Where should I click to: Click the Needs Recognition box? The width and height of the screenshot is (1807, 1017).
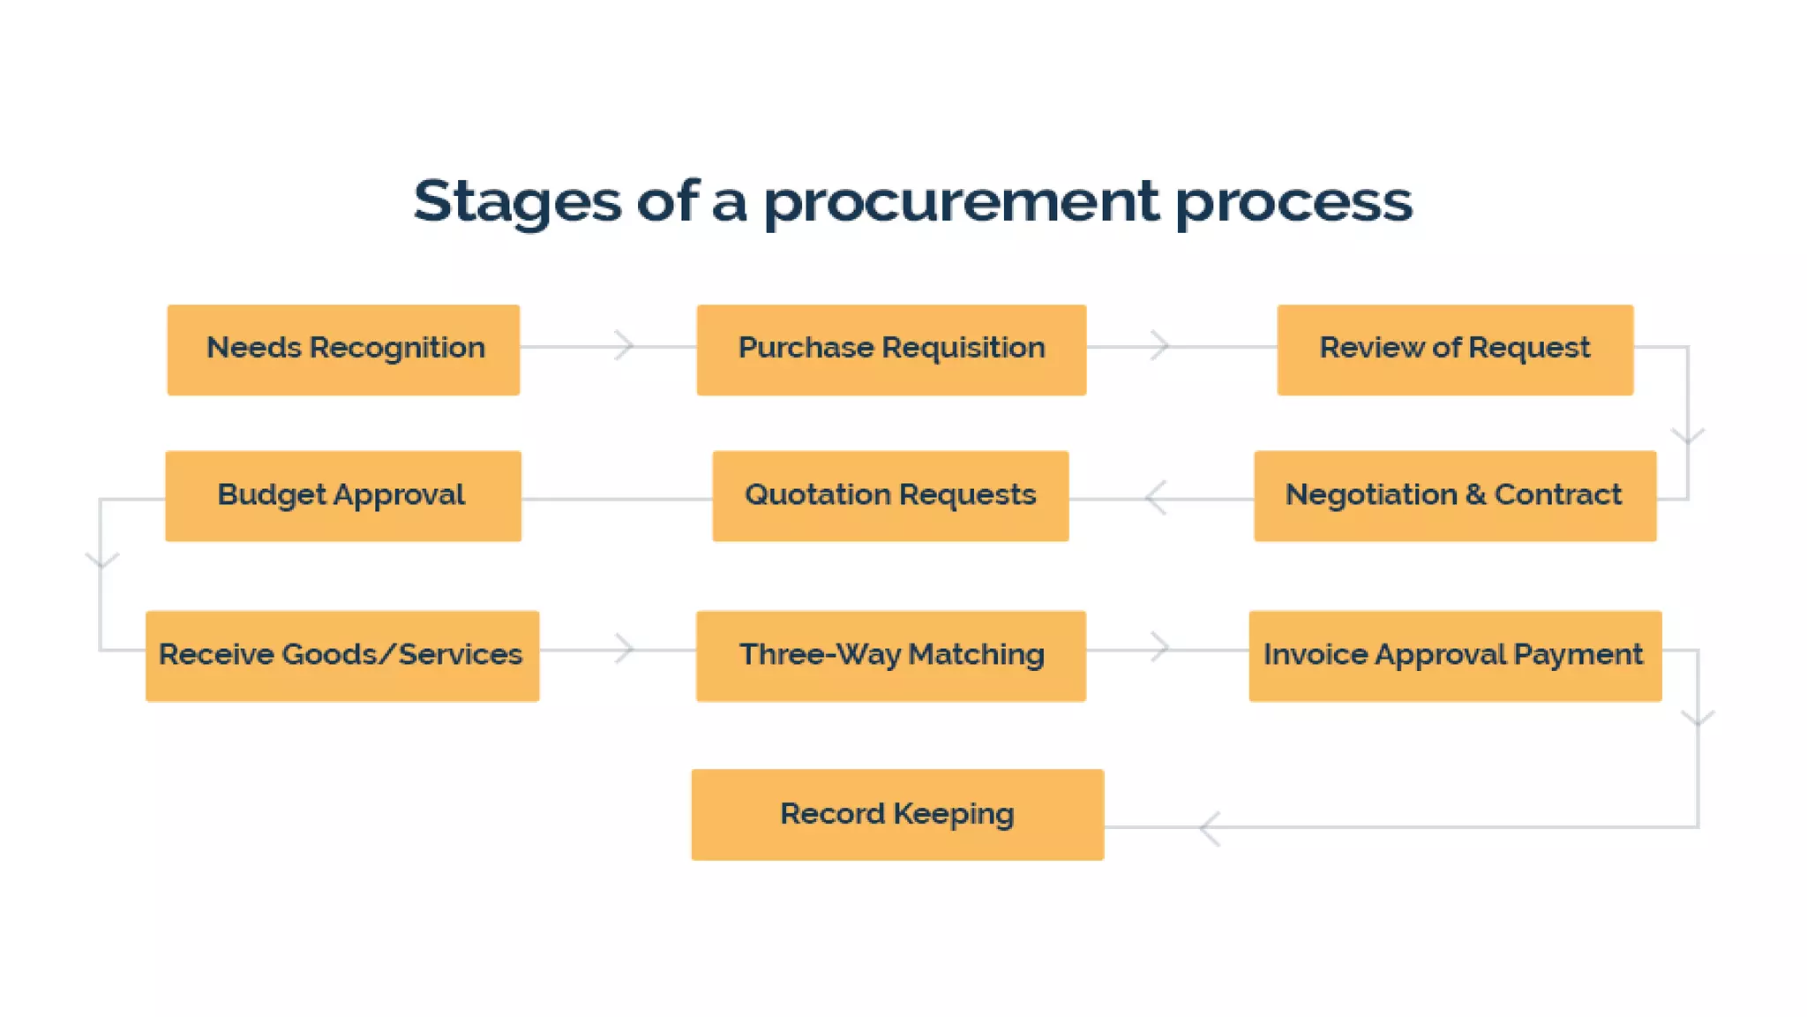click(x=343, y=350)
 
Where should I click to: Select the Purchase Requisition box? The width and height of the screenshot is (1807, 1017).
click(x=891, y=350)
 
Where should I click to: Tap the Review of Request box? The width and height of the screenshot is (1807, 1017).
click(x=1455, y=350)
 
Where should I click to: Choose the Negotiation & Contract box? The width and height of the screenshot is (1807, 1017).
click(x=1455, y=495)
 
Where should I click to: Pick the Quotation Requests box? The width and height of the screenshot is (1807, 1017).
click(x=890, y=495)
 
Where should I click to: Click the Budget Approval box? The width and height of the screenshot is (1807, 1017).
click(x=343, y=495)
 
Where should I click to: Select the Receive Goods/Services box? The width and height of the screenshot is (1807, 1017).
click(x=342, y=655)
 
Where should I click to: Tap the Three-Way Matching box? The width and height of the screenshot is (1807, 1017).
click(x=891, y=655)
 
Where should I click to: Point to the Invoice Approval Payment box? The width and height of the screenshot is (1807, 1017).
click(x=1455, y=655)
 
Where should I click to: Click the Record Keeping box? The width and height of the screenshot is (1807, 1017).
click(x=897, y=814)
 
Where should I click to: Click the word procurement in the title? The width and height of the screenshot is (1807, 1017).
click(x=961, y=201)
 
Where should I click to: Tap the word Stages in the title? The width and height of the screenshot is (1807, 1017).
click(x=517, y=201)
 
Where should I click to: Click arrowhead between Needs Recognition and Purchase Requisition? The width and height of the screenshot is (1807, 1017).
click(x=626, y=345)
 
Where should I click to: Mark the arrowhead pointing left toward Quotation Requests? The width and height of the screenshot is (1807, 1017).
click(x=1154, y=498)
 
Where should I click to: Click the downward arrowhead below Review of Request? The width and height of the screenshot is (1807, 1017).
click(x=1688, y=436)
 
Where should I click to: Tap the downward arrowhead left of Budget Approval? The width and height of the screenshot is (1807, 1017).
click(x=101, y=560)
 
